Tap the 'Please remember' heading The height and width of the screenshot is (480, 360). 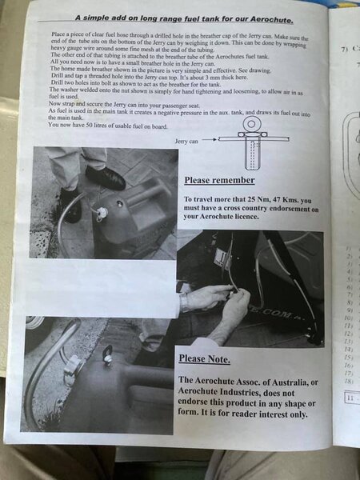click(x=220, y=180)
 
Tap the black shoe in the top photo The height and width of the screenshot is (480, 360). click(x=105, y=178)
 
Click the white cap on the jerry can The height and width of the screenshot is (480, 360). click(x=102, y=214)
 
